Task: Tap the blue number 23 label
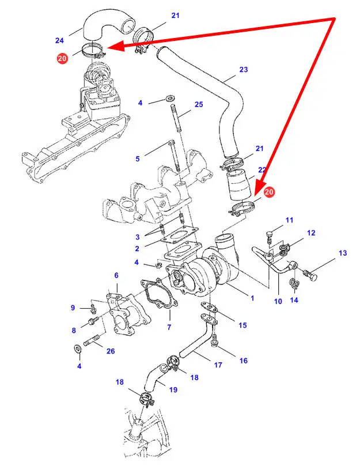coord(243,70)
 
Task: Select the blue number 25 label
coord(199,104)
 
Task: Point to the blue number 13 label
coord(343,253)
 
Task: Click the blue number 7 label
coord(169,328)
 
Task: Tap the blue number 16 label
coord(244,361)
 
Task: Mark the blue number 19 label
coord(172,389)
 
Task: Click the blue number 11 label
coord(289,220)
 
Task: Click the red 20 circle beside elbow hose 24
coord(62,58)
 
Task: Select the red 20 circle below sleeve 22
coord(270,192)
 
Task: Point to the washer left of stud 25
coord(170,100)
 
